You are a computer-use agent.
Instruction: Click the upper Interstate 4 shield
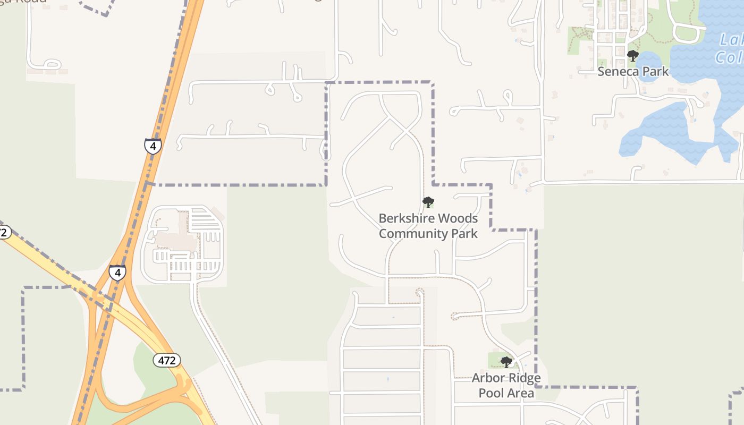coord(153,146)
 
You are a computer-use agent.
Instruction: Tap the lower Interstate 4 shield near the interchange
coord(117,273)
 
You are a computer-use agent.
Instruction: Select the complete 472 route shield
coord(167,360)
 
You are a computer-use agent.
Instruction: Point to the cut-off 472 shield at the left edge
coord(4,232)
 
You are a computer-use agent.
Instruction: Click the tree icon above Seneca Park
coord(632,55)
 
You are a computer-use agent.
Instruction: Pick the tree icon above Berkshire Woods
coord(428,202)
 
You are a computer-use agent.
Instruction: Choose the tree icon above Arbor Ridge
coord(506,362)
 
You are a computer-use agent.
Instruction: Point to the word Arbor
coord(487,378)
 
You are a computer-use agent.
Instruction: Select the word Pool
coord(491,393)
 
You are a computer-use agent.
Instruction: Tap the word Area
coord(520,393)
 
